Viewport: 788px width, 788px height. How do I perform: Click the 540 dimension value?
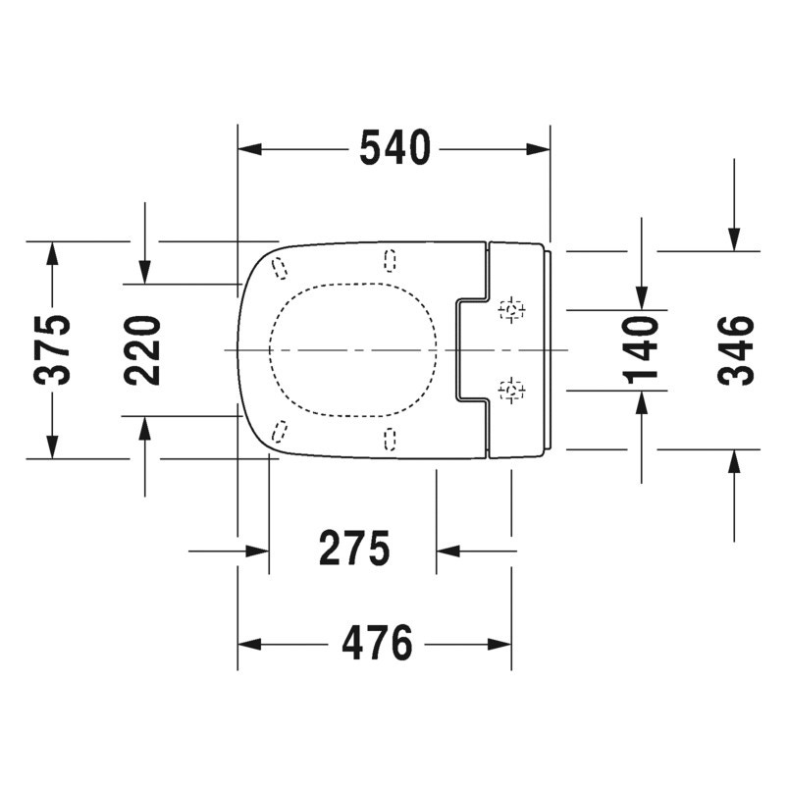pyautogui.click(x=394, y=149)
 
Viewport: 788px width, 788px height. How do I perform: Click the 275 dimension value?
pyautogui.click(x=353, y=550)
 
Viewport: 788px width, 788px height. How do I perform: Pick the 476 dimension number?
pyautogui.click(x=376, y=645)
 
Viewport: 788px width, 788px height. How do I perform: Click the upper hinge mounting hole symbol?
pyautogui.click(x=512, y=310)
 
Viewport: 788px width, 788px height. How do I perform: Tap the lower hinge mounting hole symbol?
pyautogui.click(x=512, y=392)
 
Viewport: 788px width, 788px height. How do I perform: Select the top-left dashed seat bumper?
pyautogui.click(x=279, y=267)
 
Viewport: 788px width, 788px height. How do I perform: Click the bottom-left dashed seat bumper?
pyautogui.click(x=279, y=431)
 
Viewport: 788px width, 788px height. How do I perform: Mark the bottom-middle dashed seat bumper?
pyautogui.click(x=391, y=439)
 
